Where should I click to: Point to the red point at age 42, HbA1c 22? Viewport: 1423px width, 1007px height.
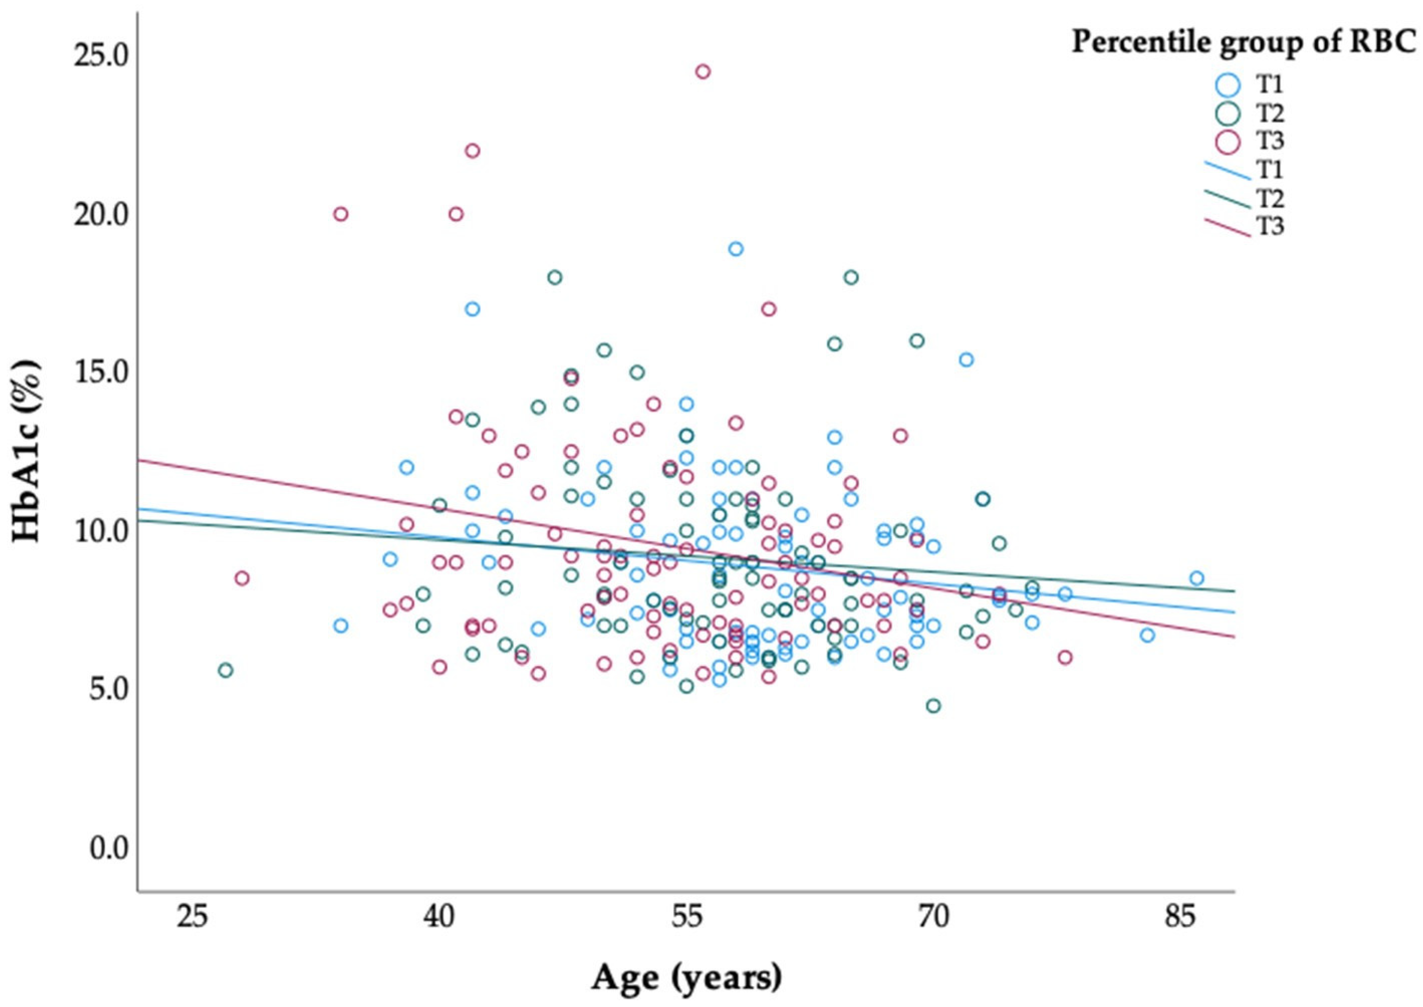coord(472,151)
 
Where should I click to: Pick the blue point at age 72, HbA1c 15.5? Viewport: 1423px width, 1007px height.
coord(966,360)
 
